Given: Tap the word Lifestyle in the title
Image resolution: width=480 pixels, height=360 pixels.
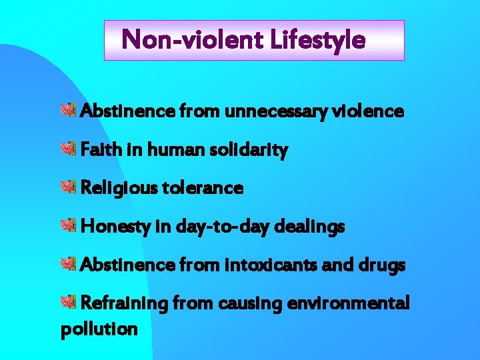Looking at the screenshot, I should [318, 40].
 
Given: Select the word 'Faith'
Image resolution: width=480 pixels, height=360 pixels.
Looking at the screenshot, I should [98, 150].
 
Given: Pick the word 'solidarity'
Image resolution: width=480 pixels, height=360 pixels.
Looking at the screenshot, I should [253, 151].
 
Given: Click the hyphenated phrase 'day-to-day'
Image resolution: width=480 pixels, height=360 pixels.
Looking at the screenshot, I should [217, 227].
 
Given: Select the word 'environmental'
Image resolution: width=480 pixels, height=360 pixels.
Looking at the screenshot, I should [348, 303].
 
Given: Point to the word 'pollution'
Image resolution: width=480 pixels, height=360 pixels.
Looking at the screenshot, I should [99, 329].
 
